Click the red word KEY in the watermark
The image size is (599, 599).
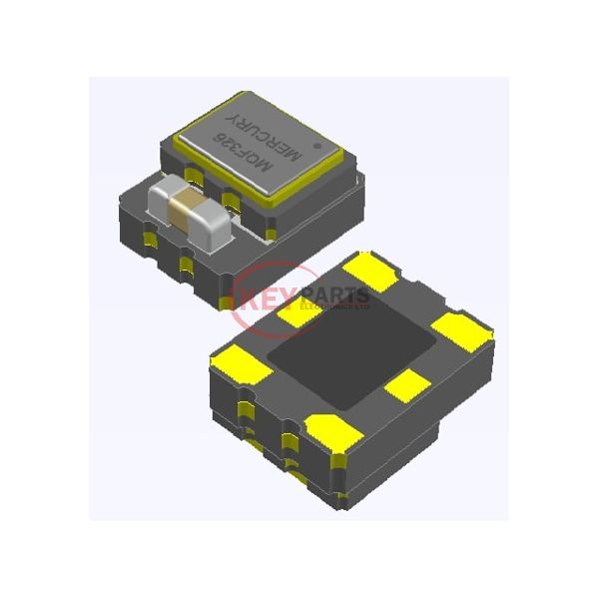tap(263, 297)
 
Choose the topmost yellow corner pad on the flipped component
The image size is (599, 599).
tap(370, 270)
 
